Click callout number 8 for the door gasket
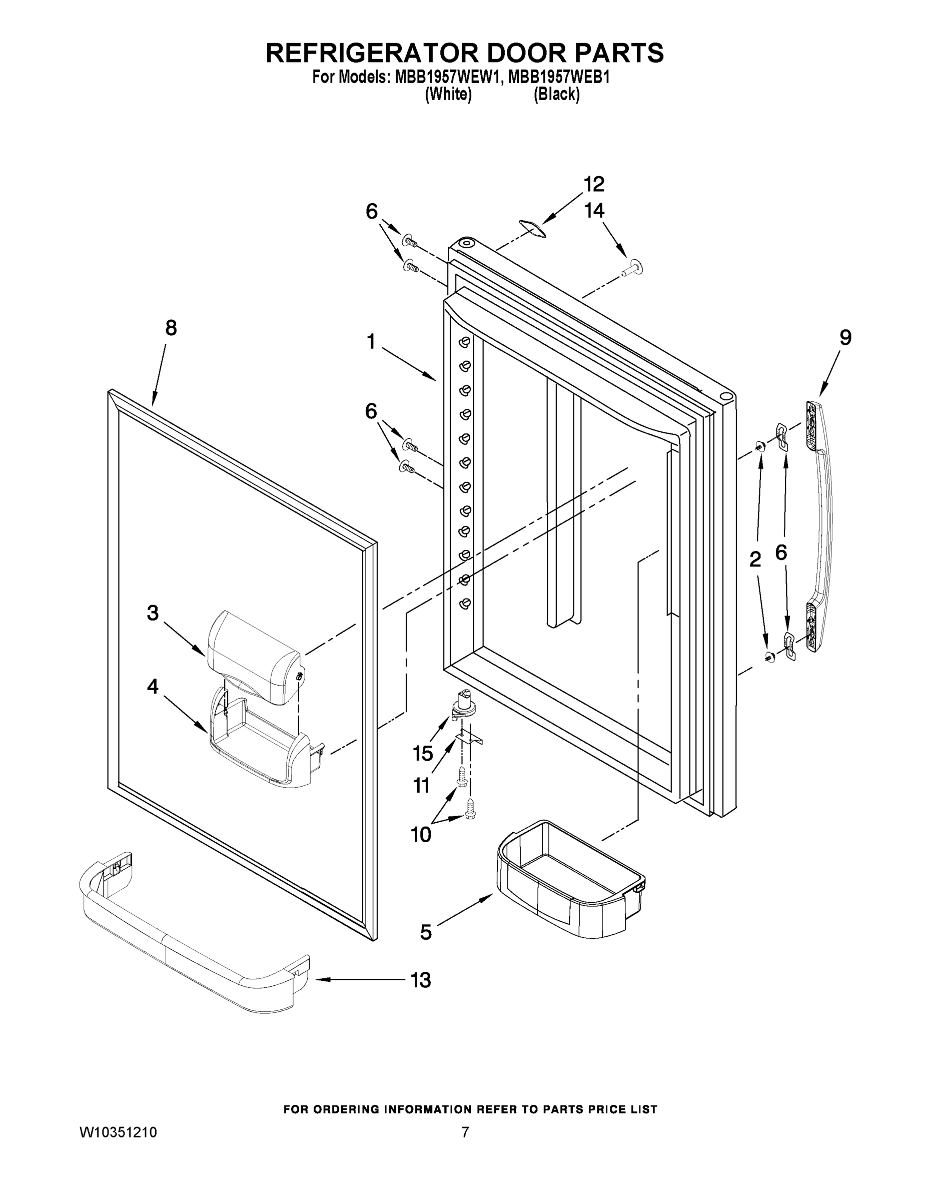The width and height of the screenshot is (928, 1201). (171, 328)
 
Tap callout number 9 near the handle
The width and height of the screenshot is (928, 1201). (845, 337)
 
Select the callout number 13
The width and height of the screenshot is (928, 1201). (421, 980)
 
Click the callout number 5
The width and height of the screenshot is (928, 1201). (426, 932)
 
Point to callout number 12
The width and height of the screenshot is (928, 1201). (594, 184)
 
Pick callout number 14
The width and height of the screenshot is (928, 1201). (594, 211)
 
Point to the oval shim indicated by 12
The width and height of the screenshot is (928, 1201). (532, 228)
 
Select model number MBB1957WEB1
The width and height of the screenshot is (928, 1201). (559, 78)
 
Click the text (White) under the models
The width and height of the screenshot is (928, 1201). (448, 95)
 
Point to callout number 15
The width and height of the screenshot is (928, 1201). (423, 753)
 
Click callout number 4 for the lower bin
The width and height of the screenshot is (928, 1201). (152, 686)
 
